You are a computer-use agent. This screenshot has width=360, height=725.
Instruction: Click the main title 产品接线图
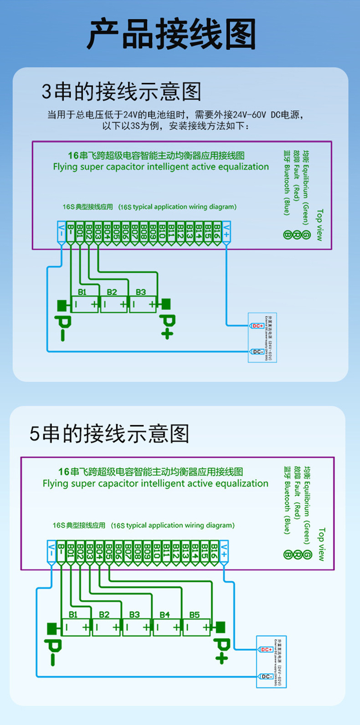point(171,35)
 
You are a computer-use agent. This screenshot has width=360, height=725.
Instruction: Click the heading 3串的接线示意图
point(121,92)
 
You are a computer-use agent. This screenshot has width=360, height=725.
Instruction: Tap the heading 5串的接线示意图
point(109,433)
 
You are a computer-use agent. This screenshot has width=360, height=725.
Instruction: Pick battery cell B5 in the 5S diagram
point(196,627)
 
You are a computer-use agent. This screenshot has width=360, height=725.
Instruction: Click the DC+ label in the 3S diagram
point(257,326)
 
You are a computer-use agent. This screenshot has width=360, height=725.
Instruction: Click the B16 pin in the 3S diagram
point(217,230)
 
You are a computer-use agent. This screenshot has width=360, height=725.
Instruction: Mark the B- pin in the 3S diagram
point(71,230)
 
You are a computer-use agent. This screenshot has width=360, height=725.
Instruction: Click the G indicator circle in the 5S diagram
point(307,555)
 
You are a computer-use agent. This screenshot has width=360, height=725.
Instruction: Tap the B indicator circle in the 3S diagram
point(287,235)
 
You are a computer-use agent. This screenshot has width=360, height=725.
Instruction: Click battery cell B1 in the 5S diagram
point(76,627)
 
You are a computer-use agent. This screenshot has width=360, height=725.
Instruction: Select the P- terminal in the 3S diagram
point(63,321)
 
